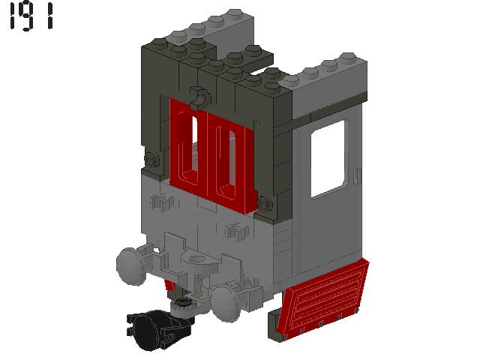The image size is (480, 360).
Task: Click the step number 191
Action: click(x=31, y=17)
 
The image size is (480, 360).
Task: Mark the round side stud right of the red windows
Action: click(x=264, y=200)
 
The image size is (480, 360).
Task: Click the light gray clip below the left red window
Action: click(x=161, y=201)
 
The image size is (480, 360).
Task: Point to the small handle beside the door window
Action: click(x=358, y=177)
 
